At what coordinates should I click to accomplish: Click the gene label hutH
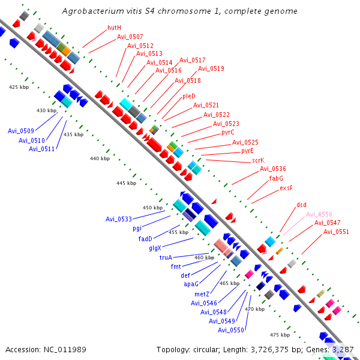click(114, 28)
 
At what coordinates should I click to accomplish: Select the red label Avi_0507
click(130, 37)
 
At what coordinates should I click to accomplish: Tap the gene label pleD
click(189, 96)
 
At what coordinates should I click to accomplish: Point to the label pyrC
click(228, 132)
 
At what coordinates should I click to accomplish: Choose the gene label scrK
click(259, 160)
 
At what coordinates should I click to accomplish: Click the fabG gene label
click(276, 178)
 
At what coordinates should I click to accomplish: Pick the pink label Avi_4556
click(319, 214)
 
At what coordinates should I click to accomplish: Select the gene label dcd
click(301, 205)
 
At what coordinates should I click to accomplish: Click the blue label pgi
click(137, 228)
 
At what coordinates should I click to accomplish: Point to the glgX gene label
click(155, 247)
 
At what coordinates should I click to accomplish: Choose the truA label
click(166, 257)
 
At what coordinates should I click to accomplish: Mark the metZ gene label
click(202, 294)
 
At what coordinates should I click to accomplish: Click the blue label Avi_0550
click(231, 330)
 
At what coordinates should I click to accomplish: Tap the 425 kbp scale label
click(19, 87)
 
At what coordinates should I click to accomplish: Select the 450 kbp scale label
click(152, 208)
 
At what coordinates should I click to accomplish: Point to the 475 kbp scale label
click(280, 334)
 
